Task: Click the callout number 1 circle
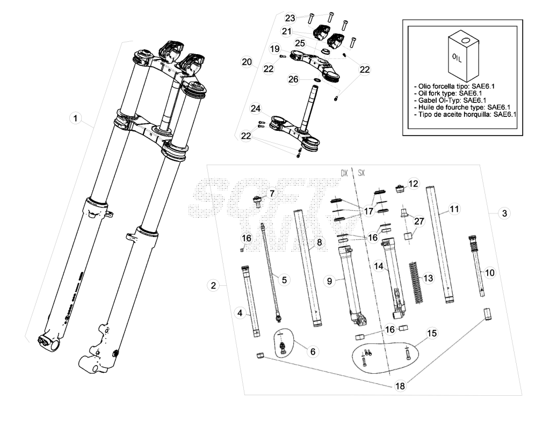pos(75,118)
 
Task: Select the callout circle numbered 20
pos(247,62)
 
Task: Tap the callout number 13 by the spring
pos(428,278)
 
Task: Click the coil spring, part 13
pos(415,282)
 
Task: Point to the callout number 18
pos(400,386)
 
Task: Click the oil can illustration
pos(464,55)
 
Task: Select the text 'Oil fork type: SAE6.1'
pos(450,93)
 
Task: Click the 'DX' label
pos(344,173)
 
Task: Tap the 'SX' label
pos(361,173)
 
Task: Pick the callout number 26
pos(293,79)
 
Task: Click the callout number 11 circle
pos(454,209)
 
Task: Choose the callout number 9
pos(329,281)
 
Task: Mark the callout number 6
pos(313,351)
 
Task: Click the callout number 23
pos(290,18)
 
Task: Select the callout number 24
pos(255,108)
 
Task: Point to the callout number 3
pos(504,213)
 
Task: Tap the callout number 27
pos(419,221)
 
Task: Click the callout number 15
pos(432,332)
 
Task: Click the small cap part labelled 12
pos(399,189)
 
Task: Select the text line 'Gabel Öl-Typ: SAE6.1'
pos(450,100)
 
